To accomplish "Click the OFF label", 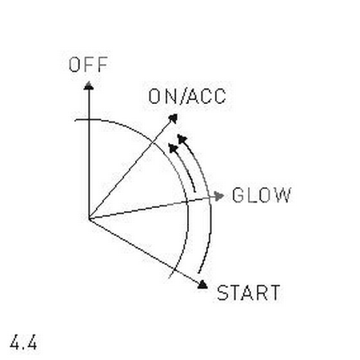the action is click(88, 65).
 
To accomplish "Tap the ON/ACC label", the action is click(187, 96).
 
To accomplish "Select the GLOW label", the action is click(262, 195).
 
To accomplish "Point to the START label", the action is click(249, 293).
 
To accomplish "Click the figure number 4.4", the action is click(23, 342).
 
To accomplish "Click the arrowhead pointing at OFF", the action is click(89, 86).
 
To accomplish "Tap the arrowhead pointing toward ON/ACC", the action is click(174, 118).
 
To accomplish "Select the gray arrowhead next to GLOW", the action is click(219, 196).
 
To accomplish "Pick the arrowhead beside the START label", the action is click(202, 284).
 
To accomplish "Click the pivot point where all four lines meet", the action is click(89, 219).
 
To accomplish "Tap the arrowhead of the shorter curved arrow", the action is click(173, 148).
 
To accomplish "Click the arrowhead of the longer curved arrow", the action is click(182, 139).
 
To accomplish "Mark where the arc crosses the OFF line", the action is click(89, 119).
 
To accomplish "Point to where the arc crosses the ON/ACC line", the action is click(154, 142).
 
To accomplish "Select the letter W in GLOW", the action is click(283, 195).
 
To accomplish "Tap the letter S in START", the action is click(222, 293).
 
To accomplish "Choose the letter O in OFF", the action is click(74, 65).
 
